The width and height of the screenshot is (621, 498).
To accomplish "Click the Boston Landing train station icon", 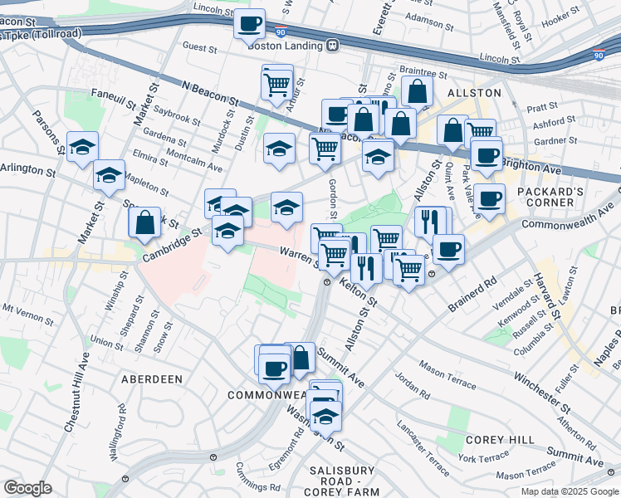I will pos(333,46).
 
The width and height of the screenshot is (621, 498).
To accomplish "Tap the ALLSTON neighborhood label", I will pos(475,93).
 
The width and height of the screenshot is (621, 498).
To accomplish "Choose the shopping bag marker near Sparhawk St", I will pos(144,222).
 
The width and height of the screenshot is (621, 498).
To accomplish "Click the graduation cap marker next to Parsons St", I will pos(82,147).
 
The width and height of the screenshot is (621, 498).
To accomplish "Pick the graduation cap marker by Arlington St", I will pos(109,175).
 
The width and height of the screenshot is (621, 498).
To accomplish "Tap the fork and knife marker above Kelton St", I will pos(365,266).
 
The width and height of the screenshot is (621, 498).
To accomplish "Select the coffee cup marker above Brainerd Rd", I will pos(448,249).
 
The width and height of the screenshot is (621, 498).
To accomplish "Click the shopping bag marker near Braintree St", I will pos(417,91).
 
